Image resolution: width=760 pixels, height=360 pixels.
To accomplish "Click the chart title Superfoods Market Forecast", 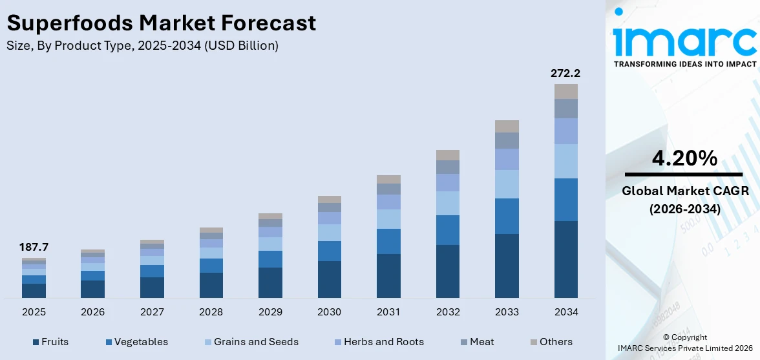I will [x=161, y=23].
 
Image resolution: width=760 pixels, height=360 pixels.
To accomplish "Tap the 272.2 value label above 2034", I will [x=565, y=73].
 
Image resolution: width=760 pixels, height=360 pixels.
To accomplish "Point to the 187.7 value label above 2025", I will [x=34, y=247].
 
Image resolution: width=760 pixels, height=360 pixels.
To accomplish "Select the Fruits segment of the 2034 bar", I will [x=565, y=259].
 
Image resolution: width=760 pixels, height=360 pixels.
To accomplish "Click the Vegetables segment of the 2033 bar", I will [x=507, y=216].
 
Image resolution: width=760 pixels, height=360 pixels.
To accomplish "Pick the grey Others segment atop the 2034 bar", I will [x=565, y=91].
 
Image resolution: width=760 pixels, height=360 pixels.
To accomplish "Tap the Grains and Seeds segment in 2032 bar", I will [x=447, y=203].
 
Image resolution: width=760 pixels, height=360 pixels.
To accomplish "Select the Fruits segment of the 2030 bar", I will [x=329, y=279].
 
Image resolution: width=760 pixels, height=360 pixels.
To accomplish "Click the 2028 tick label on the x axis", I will [x=211, y=312].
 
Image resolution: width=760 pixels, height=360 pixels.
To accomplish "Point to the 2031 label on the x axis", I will [x=388, y=312].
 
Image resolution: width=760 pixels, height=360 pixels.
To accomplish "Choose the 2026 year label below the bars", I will [x=92, y=312].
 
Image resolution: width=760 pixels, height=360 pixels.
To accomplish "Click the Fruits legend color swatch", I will [x=35, y=342].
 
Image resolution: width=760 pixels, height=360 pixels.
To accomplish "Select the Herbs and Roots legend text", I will [x=383, y=342].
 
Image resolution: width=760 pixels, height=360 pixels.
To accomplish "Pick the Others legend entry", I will [x=555, y=342].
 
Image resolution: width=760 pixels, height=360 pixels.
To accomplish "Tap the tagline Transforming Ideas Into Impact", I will [x=684, y=64].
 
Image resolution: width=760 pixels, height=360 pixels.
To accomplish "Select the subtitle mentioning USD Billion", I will [x=143, y=46].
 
